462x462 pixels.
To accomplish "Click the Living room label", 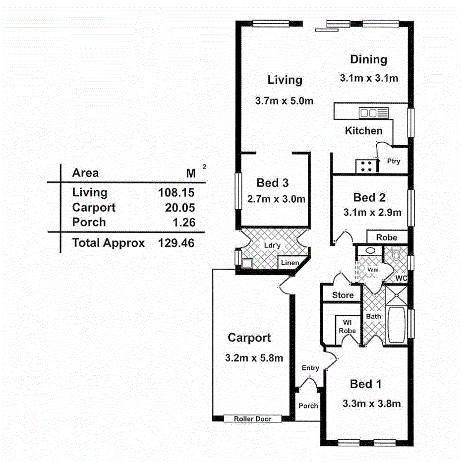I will tap(285, 80).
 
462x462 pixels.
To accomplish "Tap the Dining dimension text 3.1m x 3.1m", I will tap(369, 78).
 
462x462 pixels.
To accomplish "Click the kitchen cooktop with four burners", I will tap(366, 166).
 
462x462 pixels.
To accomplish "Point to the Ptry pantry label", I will tap(394, 161).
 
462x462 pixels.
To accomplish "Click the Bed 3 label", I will tap(273, 183).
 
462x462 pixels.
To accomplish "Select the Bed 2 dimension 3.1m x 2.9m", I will tap(372, 213).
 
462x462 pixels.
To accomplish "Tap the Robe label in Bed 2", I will tap(387, 237).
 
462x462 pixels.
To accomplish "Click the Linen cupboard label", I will tap(290, 263).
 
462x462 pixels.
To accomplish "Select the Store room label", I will tap(343, 295).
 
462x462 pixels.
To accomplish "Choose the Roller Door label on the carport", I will tap(253, 419).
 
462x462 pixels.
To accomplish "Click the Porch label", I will tap(308, 405).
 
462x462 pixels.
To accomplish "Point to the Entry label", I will tap(310, 368).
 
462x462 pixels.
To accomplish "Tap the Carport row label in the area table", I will tap(94, 207).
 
